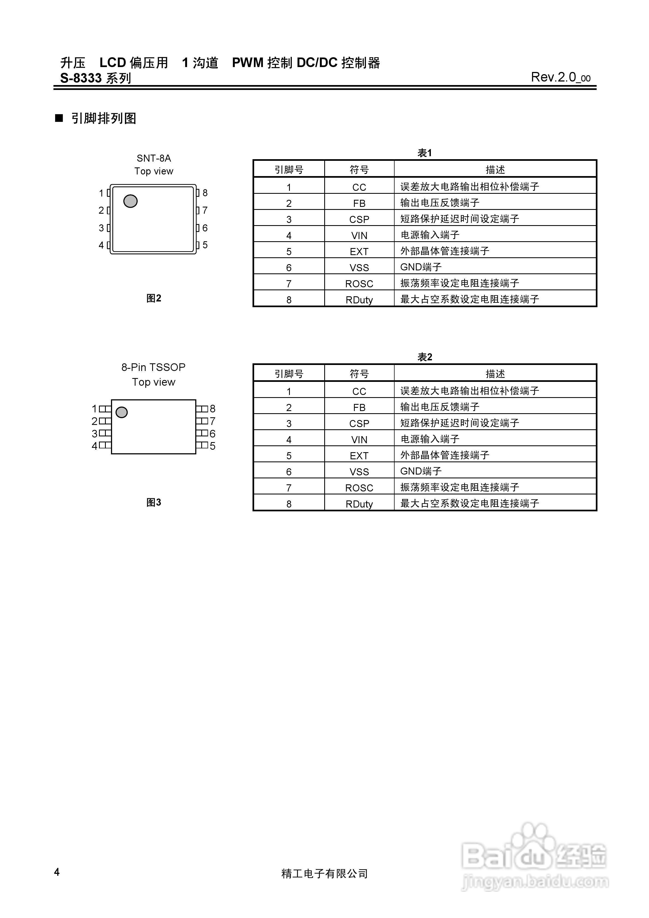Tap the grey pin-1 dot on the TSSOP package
pyautogui.click(x=122, y=412)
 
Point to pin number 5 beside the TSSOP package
pyautogui.click(x=212, y=446)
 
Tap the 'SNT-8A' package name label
pyautogui.click(x=154, y=158)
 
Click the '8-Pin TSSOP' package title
pyautogui.click(x=153, y=367)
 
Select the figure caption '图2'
pyautogui.click(x=154, y=298)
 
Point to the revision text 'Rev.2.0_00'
pyautogui.click(x=560, y=77)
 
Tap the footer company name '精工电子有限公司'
pyautogui.click(x=324, y=874)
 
